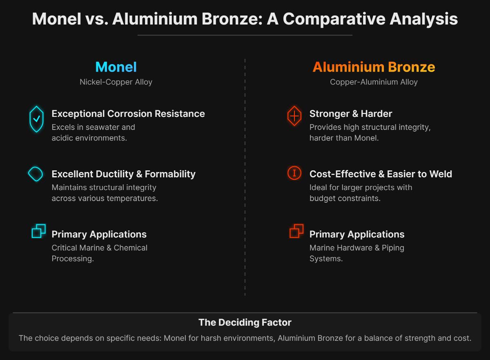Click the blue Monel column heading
(116, 67)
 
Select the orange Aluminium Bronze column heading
(374, 67)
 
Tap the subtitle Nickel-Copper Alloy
(116, 82)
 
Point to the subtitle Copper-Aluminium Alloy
(374, 82)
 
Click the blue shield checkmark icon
(36, 119)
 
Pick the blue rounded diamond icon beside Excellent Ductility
(36, 174)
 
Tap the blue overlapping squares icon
(39, 231)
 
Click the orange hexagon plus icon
(294, 116)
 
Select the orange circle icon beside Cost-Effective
(294, 173)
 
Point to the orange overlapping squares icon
(296, 231)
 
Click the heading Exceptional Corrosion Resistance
(128, 114)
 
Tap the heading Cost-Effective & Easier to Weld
(381, 174)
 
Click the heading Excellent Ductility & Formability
(123, 174)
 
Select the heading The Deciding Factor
(245, 322)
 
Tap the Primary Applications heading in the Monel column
(99, 234)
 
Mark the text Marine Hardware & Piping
(356, 248)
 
